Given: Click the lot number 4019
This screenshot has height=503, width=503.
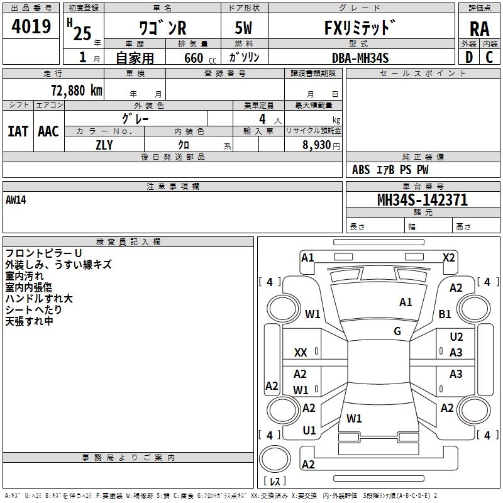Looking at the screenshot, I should click(x=31, y=26).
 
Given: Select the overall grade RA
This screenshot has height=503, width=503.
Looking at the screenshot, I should click(x=479, y=30).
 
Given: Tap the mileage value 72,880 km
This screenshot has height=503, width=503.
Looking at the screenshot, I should click(x=76, y=91).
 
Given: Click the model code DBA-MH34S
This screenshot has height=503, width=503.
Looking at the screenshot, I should click(x=360, y=58).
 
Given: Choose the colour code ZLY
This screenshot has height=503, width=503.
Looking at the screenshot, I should click(x=104, y=145).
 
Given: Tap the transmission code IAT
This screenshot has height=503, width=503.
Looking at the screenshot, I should click(x=18, y=131).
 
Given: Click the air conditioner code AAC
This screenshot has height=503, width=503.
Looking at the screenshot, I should click(x=48, y=131).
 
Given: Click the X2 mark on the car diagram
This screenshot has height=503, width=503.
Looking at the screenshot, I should click(x=448, y=257).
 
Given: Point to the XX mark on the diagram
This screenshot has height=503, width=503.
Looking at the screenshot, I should click(x=301, y=353).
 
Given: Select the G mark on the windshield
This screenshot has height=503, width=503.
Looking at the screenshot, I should click(x=397, y=331).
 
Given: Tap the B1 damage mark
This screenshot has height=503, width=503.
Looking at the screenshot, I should click(x=445, y=314).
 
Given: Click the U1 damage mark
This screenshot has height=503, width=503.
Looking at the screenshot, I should click(x=309, y=431).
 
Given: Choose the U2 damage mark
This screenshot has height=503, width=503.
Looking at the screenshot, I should click(x=456, y=338).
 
